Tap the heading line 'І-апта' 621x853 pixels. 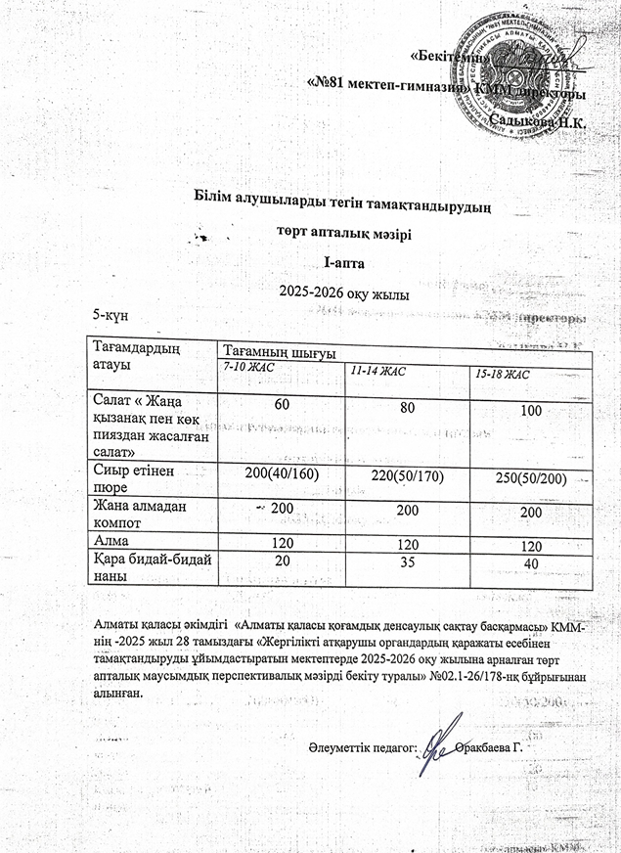point(343,262)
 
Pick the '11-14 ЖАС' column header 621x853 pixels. point(376,371)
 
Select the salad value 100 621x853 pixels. point(532,412)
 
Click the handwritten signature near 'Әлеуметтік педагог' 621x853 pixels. point(437,744)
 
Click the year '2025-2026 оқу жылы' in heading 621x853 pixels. point(343,292)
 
